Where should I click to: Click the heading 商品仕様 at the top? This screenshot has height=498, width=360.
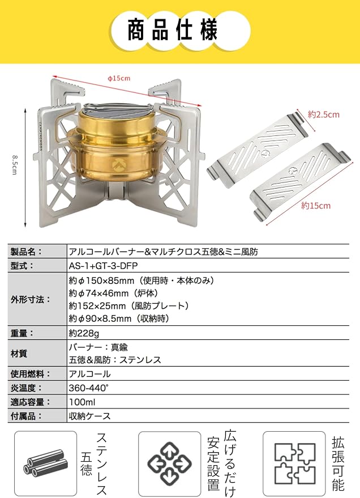(173, 30)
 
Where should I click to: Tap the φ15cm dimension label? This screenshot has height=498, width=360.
(119, 78)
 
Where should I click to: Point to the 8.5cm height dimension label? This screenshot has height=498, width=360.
(15, 164)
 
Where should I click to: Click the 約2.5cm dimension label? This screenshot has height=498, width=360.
(323, 114)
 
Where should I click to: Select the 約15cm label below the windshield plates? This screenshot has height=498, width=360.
(316, 206)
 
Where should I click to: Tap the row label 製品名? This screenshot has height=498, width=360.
(25, 252)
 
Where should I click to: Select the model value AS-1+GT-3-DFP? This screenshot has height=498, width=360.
(104, 266)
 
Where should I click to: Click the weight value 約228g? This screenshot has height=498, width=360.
(84, 333)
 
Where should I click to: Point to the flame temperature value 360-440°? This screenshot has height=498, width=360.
(89, 388)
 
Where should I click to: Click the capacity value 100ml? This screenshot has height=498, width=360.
(82, 402)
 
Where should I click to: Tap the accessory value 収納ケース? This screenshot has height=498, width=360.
(90, 416)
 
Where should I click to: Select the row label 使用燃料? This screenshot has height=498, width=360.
(30, 374)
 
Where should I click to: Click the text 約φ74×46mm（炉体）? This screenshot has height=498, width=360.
(114, 293)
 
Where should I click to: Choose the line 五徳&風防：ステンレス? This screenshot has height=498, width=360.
(115, 360)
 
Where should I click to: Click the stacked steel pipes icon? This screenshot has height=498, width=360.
(46, 463)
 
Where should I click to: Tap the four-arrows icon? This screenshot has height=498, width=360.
(169, 463)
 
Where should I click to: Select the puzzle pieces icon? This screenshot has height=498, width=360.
(295, 463)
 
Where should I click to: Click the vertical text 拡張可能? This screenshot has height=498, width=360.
(338, 463)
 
